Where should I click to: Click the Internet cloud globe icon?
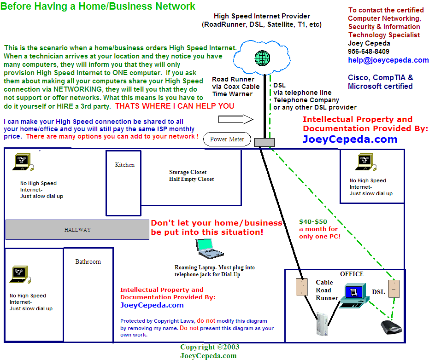click(262, 58)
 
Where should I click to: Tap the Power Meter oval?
click(227, 139)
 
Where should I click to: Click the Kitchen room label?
click(125, 164)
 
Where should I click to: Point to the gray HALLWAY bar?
click(77, 230)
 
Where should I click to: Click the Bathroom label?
click(88, 261)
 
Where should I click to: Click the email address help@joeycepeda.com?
click(388, 60)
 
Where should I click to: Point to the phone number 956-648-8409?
click(369, 52)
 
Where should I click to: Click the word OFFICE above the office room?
click(352, 274)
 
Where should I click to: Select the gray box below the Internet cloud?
click(264, 142)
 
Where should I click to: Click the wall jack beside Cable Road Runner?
click(301, 287)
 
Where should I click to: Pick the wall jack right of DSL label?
click(394, 288)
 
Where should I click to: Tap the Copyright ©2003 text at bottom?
click(210, 347)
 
